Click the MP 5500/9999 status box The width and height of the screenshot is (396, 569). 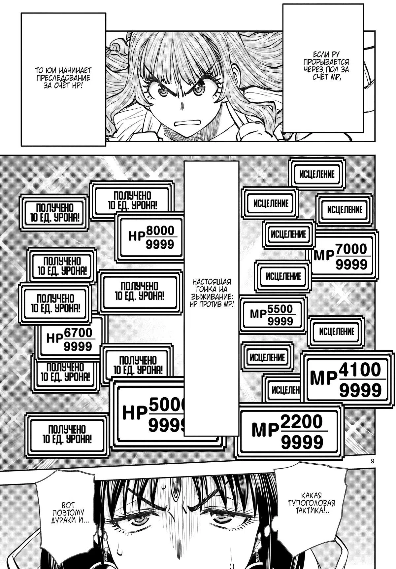point(273,315)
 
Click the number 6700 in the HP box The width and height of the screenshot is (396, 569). point(79,333)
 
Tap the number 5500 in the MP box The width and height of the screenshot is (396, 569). point(280,308)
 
